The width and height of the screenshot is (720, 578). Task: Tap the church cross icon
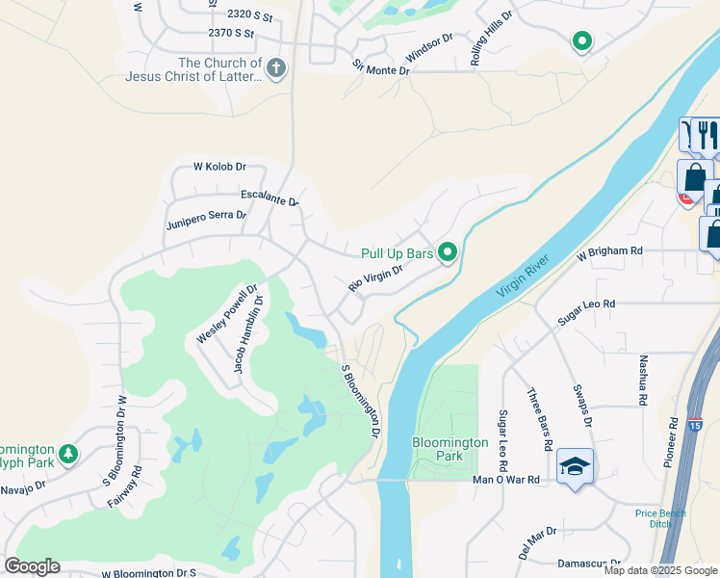(276, 68)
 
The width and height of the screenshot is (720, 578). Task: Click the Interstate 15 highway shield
(697, 423)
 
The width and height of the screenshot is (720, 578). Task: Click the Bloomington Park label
(450, 448)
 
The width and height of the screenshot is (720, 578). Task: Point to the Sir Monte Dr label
(380, 66)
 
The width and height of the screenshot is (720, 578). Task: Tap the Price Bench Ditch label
(660, 518)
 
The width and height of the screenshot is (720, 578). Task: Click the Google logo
(32, 566)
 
